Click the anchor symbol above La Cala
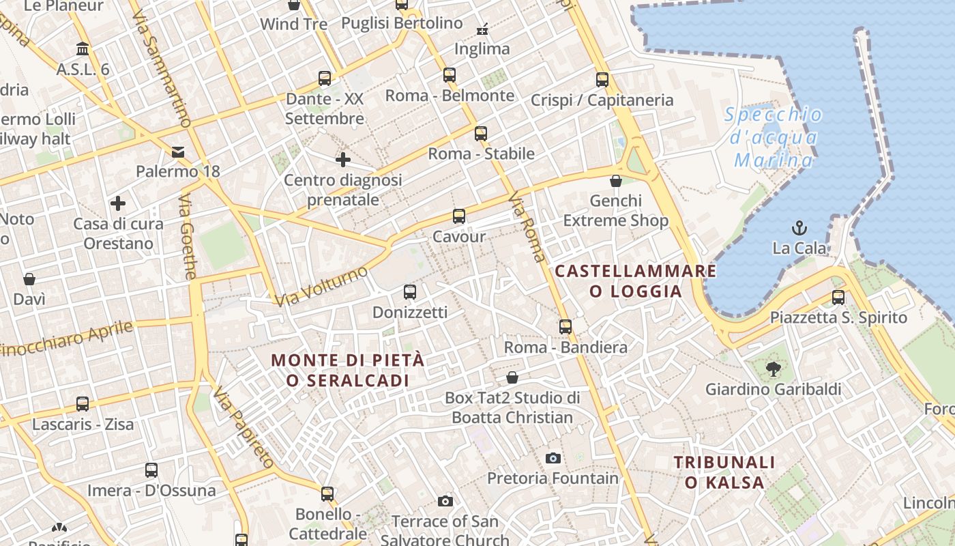[x=799, y=227]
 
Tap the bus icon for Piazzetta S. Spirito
[x=838, y=298]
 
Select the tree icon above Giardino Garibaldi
[x=773, y=369]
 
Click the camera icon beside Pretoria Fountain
[x=553, y=458]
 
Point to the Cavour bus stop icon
[x=459, y=217]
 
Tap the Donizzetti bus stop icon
[x=410, y=292]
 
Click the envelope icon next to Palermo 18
[x=178, y=152]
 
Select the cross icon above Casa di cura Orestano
[x=118, y=203]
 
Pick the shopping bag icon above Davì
[x=29, y=279]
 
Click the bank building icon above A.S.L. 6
[x=83, y=49]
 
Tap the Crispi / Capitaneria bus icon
[x=602, y=80]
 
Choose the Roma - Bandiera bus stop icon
[x=565, y=327]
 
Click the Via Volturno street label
[x=321, y=287]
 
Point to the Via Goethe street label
[x=188, y=236]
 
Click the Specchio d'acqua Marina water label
[x=774, y=137]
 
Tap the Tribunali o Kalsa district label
[x=724, y=472]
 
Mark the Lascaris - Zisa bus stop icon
[x=83, y=404]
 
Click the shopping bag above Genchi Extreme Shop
[x=616, y=181]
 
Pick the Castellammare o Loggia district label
[x=636, y=281]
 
